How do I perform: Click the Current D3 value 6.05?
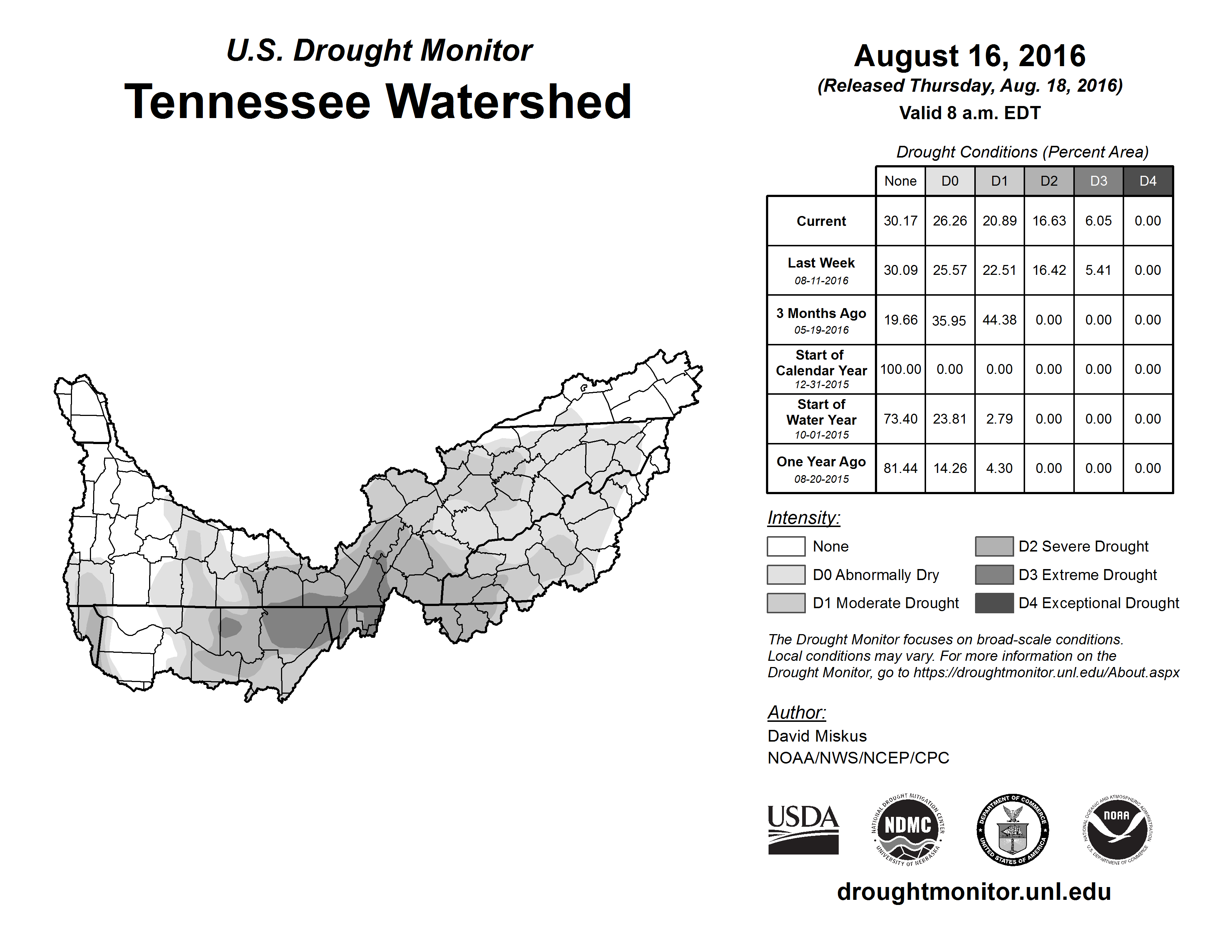(x=1098, y=221)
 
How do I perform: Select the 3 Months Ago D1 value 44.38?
(x=999, y=320)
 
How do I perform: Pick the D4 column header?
(x=1148, y=181)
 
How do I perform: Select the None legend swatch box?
(x=786, y=546)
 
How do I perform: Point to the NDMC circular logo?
(x=908, y=830)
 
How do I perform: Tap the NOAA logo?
(x=1117, y=830)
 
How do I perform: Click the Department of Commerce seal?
(x=1013, y=830)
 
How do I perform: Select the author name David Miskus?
(x=817, y=736)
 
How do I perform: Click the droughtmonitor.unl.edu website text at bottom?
(x=974, y=892)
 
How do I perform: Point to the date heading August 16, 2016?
(x=970, y=56)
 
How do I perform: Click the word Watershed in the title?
(x=508, y=102)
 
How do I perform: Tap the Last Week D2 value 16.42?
(x=1048, y=270)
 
